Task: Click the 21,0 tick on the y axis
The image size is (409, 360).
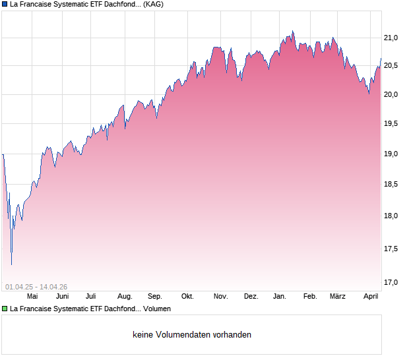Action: pos(392,38)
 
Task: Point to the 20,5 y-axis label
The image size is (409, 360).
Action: pos(392,65)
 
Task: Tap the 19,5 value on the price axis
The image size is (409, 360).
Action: pos(392,123)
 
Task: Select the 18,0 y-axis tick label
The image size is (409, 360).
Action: pos(392,216)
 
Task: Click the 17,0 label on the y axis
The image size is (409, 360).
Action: pos(392,282)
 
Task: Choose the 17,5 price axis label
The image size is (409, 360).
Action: pos(392,249)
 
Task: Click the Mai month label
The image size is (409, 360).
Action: pos(32,297)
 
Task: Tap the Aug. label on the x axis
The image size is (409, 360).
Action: pos(125,297)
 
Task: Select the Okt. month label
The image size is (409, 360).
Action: pos(187,297)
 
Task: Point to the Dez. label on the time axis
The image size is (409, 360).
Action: pos(251,297)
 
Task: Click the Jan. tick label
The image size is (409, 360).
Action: pos(280,297)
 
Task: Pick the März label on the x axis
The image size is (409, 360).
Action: pos(338,297)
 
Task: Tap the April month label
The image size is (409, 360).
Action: pos(370,297)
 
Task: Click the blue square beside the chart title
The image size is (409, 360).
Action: pos(5,4)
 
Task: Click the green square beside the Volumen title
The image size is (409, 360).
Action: pos(5,309)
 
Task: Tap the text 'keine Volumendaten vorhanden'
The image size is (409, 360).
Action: pos(192,335)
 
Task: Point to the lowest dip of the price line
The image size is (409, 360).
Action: pos(11,264)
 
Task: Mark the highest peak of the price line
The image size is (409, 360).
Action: pos(292,31)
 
